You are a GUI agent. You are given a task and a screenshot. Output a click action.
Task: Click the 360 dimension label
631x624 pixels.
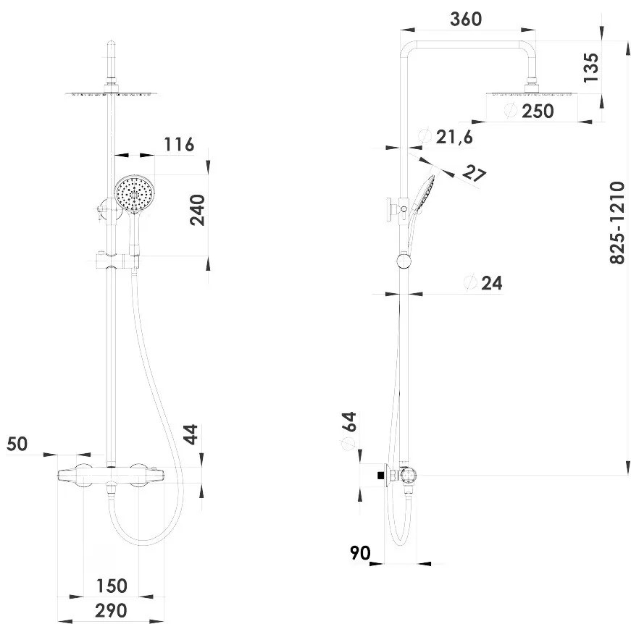466,20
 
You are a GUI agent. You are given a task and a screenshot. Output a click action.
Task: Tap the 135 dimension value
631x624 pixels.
591,67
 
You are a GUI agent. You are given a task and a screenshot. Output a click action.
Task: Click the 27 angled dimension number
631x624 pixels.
474,173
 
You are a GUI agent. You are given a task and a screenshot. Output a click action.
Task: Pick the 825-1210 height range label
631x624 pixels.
617,223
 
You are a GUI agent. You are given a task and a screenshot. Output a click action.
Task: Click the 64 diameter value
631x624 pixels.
349,421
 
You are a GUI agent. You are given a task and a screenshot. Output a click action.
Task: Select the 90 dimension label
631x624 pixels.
360,553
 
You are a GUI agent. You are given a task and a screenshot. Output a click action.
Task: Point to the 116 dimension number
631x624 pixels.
179,144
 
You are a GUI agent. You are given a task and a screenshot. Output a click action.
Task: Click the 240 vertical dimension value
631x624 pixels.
197,210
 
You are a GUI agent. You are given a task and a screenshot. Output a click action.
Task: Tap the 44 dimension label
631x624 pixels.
191,434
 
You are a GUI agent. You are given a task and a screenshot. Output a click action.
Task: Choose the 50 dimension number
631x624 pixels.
17,444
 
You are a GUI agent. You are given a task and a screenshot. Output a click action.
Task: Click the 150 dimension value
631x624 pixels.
112,586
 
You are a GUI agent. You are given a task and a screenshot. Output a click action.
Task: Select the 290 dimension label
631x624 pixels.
111,611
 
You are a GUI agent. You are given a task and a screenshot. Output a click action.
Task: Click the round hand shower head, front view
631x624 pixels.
134,193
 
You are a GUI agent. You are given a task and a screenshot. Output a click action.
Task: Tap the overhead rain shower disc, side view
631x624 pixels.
532,94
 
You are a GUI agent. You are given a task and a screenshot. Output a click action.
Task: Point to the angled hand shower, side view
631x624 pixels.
420,209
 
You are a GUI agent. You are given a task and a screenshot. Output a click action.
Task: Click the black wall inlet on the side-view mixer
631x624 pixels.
380,475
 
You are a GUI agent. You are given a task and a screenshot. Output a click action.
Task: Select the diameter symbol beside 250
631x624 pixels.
511,110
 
